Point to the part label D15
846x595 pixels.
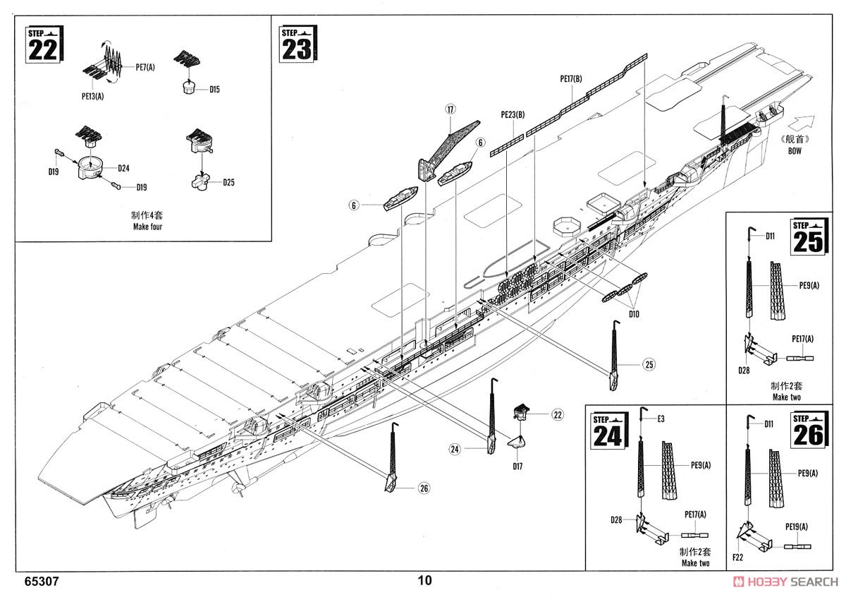(x=215, y=90)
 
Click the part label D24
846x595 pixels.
(x=123, y=168)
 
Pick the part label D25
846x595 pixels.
(x=228, y=183)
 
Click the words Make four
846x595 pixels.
(x=147, y=227)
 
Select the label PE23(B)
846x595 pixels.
(x=512, y=114)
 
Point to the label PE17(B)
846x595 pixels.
(x=571, y=78)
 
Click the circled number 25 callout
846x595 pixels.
(x=649, y=365)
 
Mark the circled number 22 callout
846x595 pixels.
(x=557, y=414)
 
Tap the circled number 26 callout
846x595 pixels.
(x=422, y=487)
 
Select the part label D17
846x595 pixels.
(x=517, y=466)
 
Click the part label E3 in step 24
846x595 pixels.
(x=661, y=419)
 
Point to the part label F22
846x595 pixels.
(x=737, y=557)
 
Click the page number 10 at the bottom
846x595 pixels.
(x=424, y=581)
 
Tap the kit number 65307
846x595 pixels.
(x=41, y=582)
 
